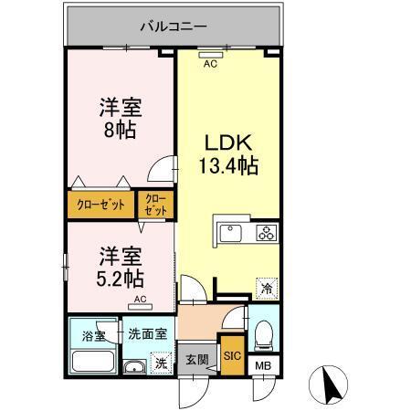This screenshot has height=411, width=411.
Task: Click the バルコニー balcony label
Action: pos(173,26)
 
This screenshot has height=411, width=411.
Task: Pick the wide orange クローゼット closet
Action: pos(100,205)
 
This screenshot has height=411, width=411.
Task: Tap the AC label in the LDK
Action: pos(210,63)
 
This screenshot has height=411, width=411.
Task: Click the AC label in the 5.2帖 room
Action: pos(140,300)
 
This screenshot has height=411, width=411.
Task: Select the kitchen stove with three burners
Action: pos(266,232)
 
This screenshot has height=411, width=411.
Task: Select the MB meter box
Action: pos(263,366)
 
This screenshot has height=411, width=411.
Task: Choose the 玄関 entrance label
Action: pos(195,359)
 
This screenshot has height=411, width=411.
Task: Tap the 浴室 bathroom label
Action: pos(92,334)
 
